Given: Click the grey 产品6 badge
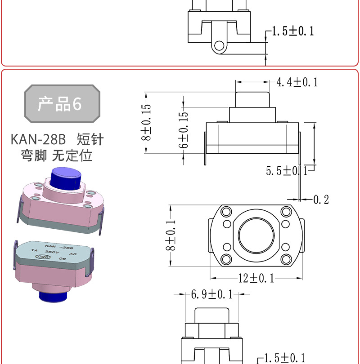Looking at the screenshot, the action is point(62,103).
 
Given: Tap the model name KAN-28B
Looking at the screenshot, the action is point(38,139).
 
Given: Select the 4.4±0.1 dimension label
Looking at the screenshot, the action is point(297,82).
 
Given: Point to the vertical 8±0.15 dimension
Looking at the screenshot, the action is point(146,122).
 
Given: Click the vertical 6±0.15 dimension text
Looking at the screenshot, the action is point(183,130).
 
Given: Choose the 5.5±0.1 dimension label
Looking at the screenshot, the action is point(287,171).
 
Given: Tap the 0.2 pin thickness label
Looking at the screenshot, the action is point(321,200).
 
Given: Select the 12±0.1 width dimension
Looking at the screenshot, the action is point(256,278).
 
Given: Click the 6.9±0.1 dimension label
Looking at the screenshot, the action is point(212,294).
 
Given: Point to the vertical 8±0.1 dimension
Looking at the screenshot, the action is point(171,235).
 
